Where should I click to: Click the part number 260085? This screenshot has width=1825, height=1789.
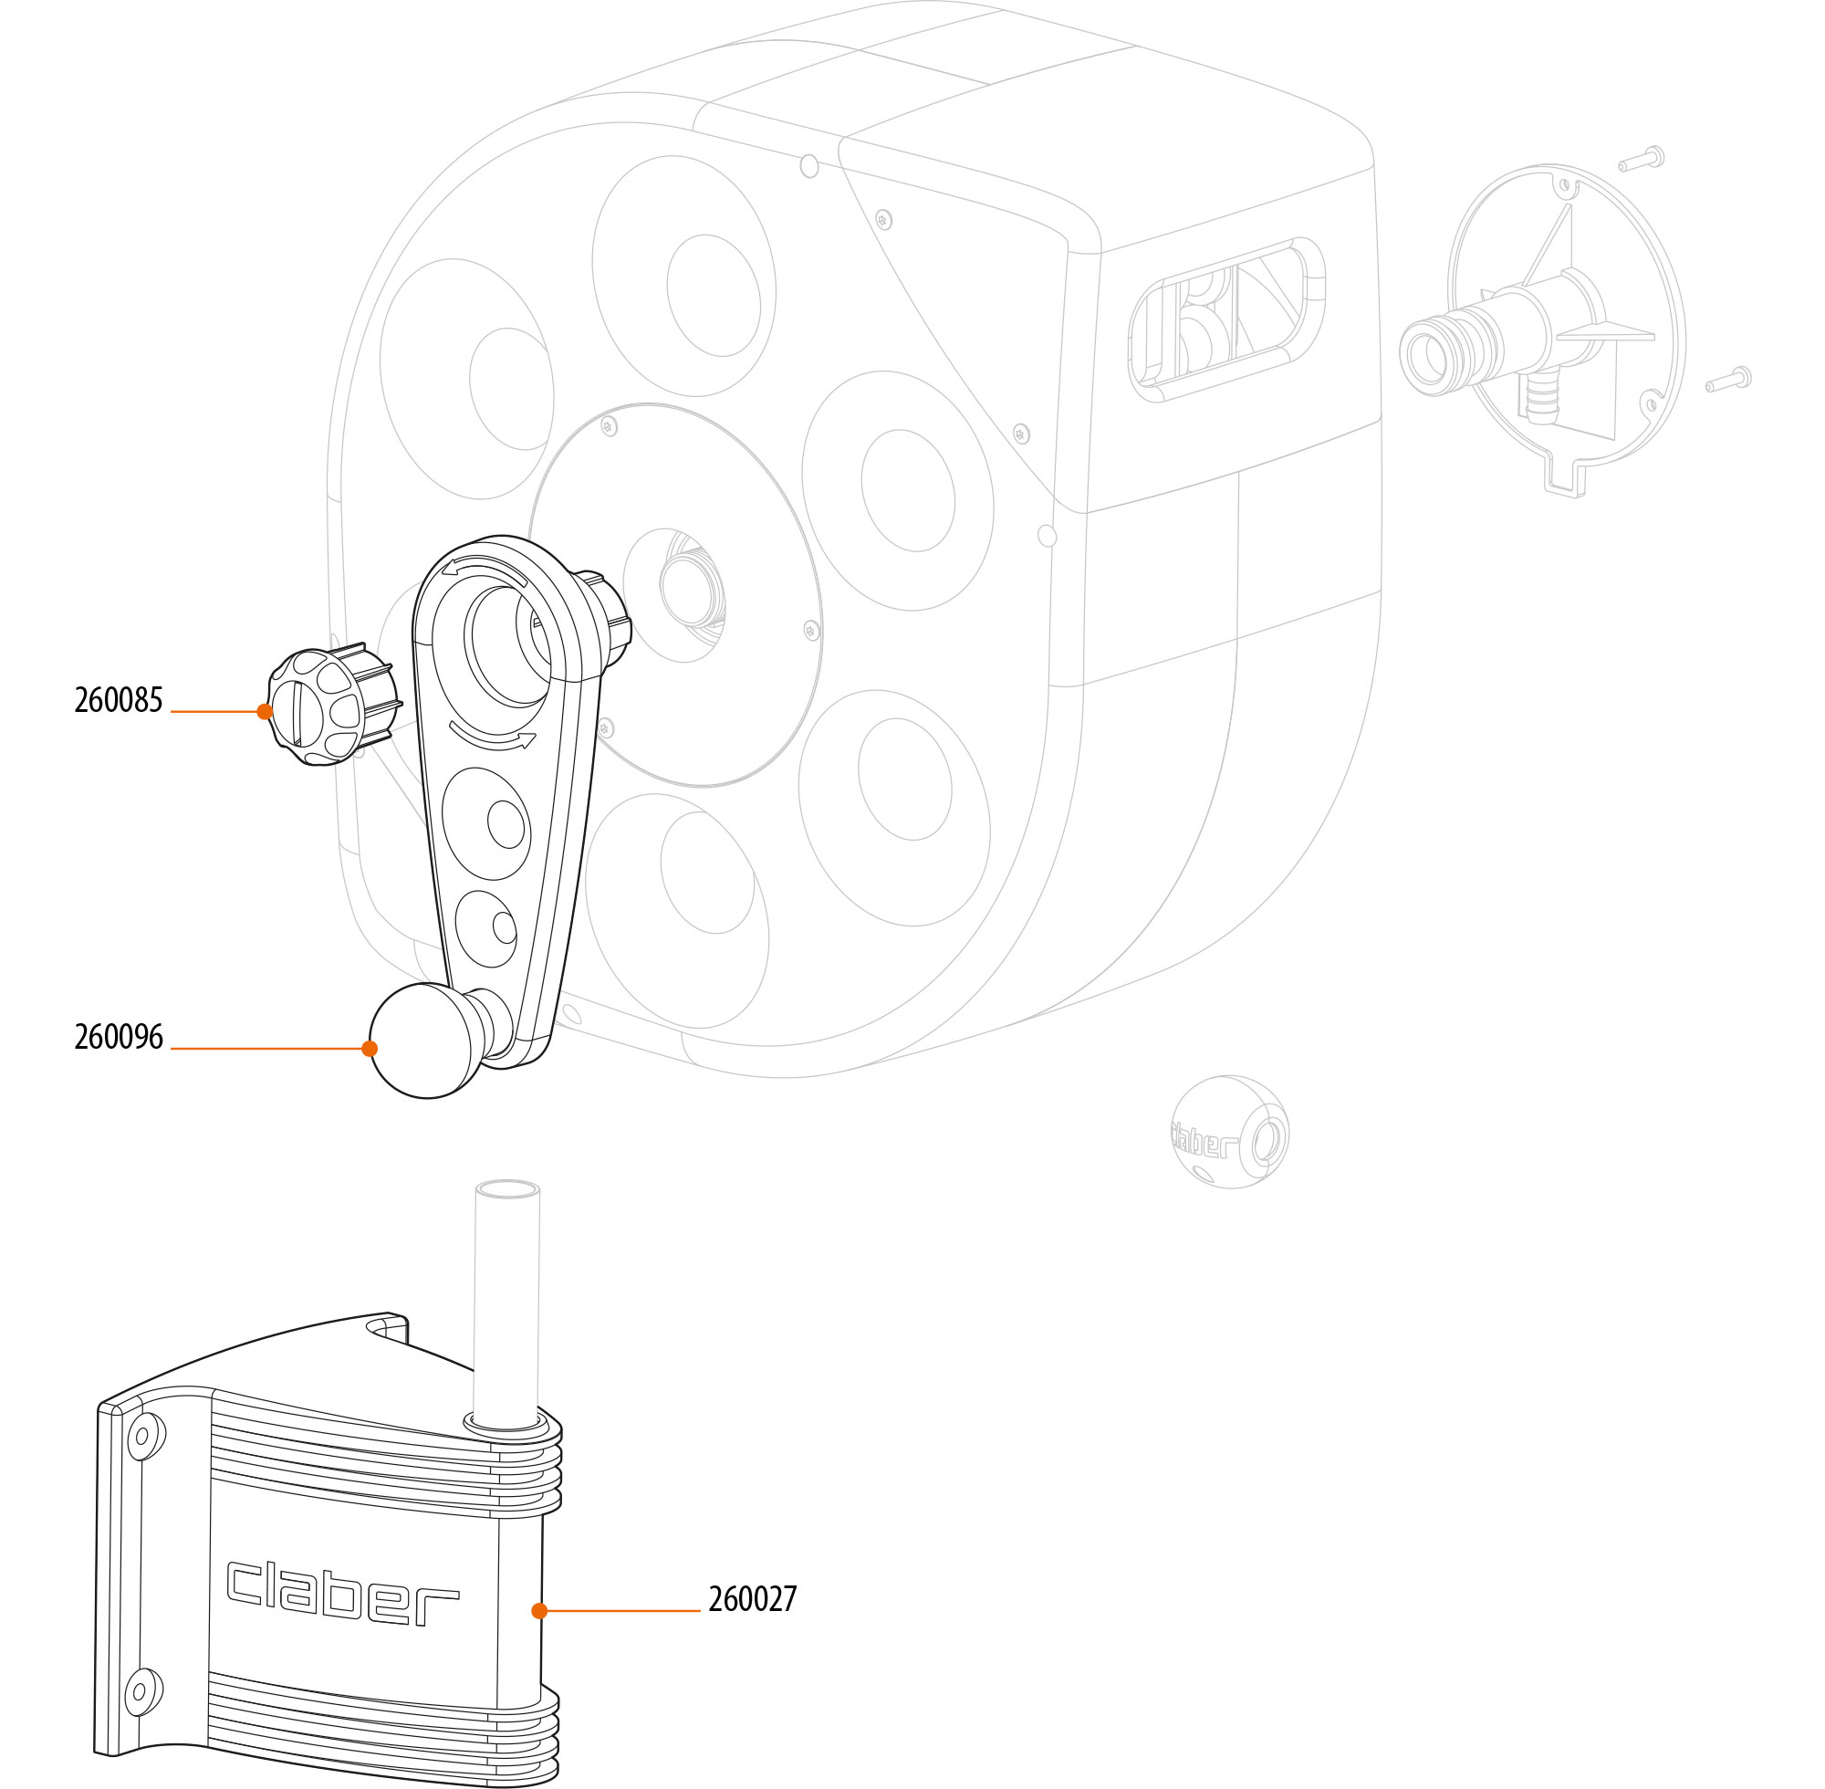click(119, 701)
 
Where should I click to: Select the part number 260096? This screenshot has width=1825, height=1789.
click(119, 1037)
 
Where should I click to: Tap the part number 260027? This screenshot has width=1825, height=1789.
click(752, 1598)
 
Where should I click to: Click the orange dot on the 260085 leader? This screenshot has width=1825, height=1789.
click(265, 711)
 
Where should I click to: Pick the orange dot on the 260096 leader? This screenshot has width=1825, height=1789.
click(370, 1049)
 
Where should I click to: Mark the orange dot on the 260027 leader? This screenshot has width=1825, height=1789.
click(539, 1610)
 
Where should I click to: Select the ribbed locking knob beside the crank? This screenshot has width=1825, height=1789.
click(324, 706)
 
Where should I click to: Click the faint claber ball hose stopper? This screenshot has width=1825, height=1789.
click(1229, 1132)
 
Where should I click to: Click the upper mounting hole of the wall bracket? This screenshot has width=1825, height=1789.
click(143, 1436)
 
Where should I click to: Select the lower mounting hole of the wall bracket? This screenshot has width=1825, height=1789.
click(141, 1691)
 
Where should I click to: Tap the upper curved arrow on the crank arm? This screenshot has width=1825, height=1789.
click(485, 569)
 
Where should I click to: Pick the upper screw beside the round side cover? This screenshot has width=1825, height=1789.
click(1641, 160)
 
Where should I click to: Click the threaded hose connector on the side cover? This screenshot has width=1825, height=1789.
click(1439, 351)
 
